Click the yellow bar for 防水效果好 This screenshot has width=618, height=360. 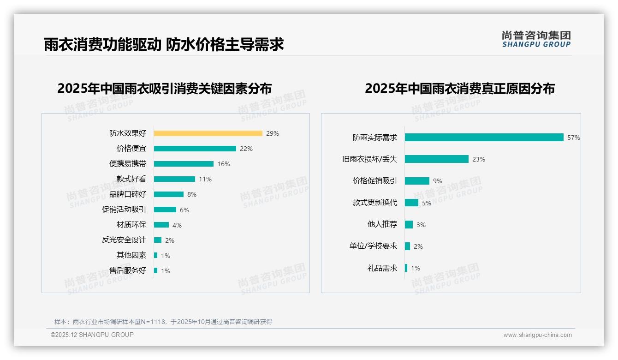pyautogui.click(x=208, y=133)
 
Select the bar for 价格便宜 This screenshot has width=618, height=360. pyautogui.click(x=195, y=149)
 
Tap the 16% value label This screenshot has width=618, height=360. pyautogui.click(x=224, y=164)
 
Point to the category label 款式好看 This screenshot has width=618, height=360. pyautogui.click(x=131, y=179)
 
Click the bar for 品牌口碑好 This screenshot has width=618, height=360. pyautogui.click(x=169, y=194)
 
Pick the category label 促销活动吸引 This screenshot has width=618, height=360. pyautogui.click(x=124, y=210)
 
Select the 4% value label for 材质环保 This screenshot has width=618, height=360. pyautogui.click(x=177, y=225)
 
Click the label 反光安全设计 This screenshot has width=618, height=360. pyautogui.click(x=124, y=240)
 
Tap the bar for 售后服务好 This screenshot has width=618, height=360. pyautogui.click(x=155, y=270)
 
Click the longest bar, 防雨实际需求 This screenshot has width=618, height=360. pyautogui.click(x=484, y=138)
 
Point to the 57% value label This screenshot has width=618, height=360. pyautogui.click(x=574, y=138)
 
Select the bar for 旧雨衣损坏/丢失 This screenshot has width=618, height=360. pyautogui.click(x=437, y=159)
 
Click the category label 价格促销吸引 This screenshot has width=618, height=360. pyautogui.click(x=374, y=181)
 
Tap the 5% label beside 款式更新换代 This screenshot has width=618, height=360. pyautogui.click(x=427, y=203)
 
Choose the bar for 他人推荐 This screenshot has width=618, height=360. pyautogui.click(x=409, y=224)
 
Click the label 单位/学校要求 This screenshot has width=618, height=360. pyautogui.click(x=373, y=246)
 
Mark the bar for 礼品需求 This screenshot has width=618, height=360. pyautogui.click(x=406, y=268)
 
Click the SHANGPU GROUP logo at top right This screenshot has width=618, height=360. pyautogui.click(x=536, y=39)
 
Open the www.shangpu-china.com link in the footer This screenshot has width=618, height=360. pyautogui.click(x=537, y=335)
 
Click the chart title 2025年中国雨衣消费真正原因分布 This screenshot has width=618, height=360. pyautogui.click(x=459, y=89)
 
